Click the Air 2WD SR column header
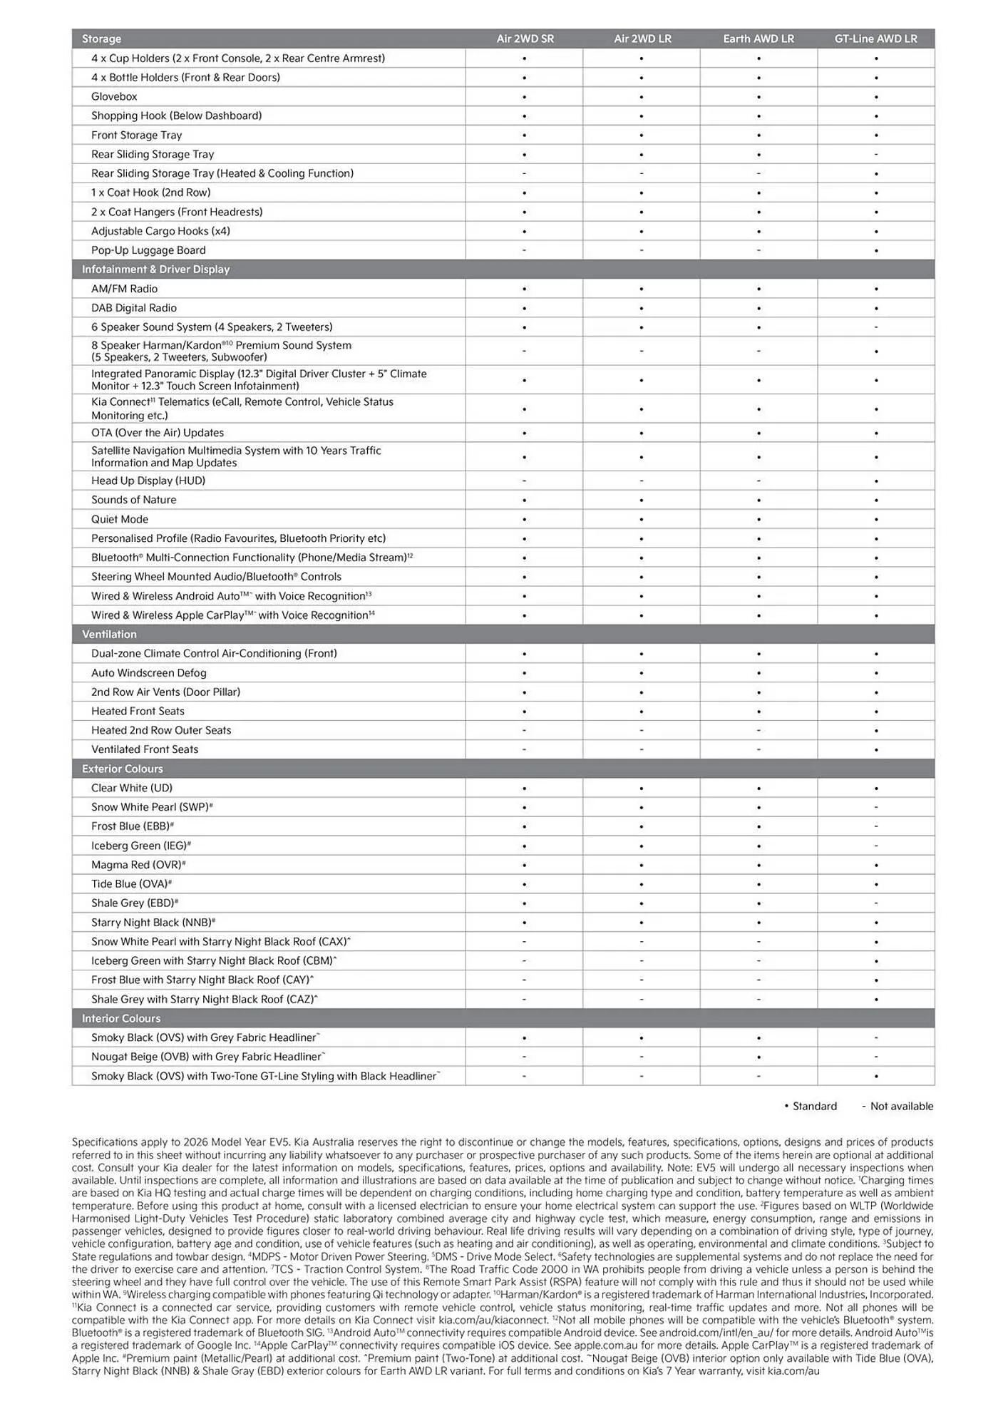[x=525, y=39]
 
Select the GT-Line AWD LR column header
[x=875, y=39]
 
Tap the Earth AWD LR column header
[x=758, y=39]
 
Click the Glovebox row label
[x=114, y=96]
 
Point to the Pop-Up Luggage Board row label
[x=148, y=250]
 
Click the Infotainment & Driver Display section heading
[x=155, y=270]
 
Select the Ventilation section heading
[x=109, y=635]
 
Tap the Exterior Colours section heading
[x=122, y=769]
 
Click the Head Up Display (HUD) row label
[x=148, y=481]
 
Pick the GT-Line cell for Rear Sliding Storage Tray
[x=875, y=154]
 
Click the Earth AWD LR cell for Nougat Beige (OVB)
[x=758, y=1057]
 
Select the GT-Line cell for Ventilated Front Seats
[x=875, y=749]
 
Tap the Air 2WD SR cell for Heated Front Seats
[x=525, y=712]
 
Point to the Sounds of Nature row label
[x=133, y=500]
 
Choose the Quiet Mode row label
[x=120, y=519]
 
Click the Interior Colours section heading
[x=120, y=1018]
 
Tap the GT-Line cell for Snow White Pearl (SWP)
[x=875, y=807]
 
